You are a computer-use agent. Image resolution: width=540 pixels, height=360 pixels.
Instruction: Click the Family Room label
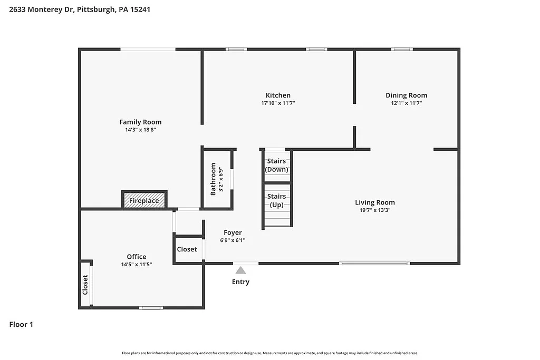[x=140, y=122]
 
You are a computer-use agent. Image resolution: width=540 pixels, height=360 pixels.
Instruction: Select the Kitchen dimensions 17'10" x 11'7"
[x=278, y=103]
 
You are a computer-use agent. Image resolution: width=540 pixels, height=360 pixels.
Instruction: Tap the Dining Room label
[x=406, y=95]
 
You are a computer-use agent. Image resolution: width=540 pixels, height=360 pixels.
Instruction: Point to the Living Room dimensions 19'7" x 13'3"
[x=374, y=210]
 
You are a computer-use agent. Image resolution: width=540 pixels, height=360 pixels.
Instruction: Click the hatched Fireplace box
[x=144, y=201]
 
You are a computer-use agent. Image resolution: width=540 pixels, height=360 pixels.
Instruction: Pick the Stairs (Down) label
[x=276, y=166]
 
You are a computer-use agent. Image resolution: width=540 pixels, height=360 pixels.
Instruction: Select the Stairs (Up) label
[x=276, y=200]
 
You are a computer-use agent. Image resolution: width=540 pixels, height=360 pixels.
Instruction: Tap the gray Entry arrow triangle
[x=240, y=270]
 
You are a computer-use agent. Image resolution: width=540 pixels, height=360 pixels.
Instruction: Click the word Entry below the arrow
[x=240, y=282]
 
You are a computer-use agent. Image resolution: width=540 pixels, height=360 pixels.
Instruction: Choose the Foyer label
[x=233, y=232]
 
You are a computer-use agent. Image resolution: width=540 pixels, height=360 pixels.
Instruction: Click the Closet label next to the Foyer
[x=187, y=249]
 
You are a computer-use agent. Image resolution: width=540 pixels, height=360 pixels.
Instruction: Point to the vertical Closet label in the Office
[x=85, y=285]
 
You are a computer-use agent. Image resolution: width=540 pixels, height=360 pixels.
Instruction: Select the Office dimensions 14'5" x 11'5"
[x=136, y=265]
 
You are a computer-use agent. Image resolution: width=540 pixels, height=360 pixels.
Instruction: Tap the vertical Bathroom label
[x=213, y=179]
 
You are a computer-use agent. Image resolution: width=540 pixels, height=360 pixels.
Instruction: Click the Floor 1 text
[x=21, y=325]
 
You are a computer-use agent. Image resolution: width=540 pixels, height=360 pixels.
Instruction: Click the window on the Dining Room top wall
[x=402, y=50]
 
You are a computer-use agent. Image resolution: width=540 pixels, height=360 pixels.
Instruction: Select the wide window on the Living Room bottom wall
[x=374, y=263]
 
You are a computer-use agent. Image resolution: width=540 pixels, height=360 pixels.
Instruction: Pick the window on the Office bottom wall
[x=151, y=308]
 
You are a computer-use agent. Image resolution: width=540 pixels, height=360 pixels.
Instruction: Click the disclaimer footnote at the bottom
[x=270, y=353]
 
